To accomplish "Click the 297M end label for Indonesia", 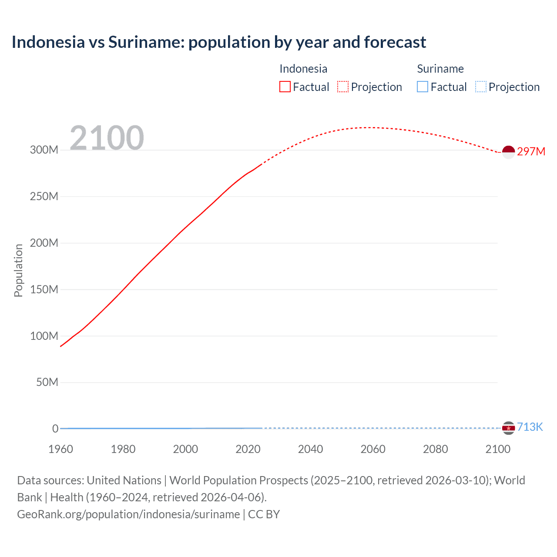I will click(531, 151).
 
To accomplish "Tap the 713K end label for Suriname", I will click(530, 427).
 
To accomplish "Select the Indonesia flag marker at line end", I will click(508, 152).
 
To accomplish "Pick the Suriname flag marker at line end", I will click(508, 428).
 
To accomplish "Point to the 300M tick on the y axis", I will click(44, 150).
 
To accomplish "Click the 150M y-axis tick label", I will click(44, 289).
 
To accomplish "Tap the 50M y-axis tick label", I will click(47, 383).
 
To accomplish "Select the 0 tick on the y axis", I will click(55, 429).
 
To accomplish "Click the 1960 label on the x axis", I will click(60, 449).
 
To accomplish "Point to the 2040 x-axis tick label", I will click(310, 449).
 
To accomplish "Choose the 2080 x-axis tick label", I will click(435, 449).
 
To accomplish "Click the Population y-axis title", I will click(18, 270).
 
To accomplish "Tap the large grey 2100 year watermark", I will click(107, 138).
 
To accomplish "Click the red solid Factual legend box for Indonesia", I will click(285, 87).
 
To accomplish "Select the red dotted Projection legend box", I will click(343, 87).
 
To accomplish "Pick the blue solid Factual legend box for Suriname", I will click(423, 87).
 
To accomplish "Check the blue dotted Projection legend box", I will click(480, 87).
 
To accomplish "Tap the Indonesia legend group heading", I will click(303, 69).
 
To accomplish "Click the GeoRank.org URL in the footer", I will click(128, 514).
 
